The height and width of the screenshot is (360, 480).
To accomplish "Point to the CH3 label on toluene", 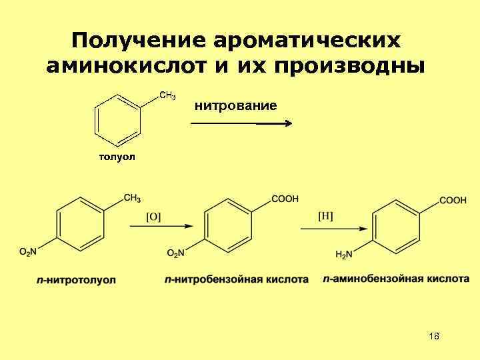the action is coord(167,97).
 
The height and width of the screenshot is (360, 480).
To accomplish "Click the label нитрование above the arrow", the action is coord(235,105).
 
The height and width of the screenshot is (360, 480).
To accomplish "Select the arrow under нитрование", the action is coord(241,123).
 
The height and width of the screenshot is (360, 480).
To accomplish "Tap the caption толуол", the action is coord(117,157).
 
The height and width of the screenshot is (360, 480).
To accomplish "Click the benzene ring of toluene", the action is coord(119,119).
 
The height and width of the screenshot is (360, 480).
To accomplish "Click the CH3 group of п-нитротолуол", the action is coord(131,198).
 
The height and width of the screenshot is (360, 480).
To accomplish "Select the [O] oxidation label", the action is coord(153,216).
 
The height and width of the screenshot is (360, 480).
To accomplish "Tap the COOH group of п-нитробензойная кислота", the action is coord(285,199).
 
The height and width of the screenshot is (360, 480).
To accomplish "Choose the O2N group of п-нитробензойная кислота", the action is coord(175,253).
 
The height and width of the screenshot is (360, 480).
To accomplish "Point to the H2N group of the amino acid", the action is coord(344,254).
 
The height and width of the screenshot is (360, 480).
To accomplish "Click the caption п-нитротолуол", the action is coord(76,280).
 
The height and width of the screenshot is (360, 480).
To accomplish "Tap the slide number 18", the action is coord(434,336).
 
